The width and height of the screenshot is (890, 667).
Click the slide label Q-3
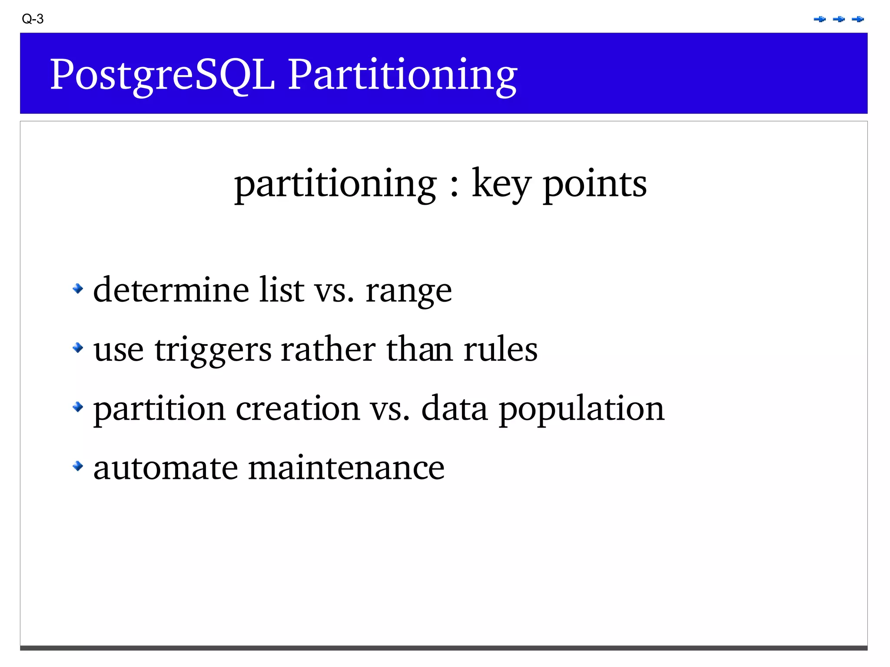coord(33,19)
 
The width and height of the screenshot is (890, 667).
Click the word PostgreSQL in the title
coord(163,75)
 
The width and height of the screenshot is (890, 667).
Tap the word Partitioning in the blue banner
coord(402,75)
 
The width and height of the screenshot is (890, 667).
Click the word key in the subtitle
coord(501,184)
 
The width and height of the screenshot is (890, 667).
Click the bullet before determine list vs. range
coord(78,288)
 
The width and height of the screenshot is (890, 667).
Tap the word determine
coord(171,290)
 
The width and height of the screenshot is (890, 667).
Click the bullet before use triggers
coord(78,347)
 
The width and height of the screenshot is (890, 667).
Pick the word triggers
coord(213,350)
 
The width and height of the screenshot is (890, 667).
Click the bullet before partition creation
coord(78,407)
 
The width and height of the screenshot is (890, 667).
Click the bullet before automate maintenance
coord(78,466)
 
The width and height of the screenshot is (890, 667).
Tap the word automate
coord(166,468)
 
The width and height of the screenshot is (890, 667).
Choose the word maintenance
coord(346,468)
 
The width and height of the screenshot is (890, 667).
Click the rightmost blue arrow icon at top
coord(858,19)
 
